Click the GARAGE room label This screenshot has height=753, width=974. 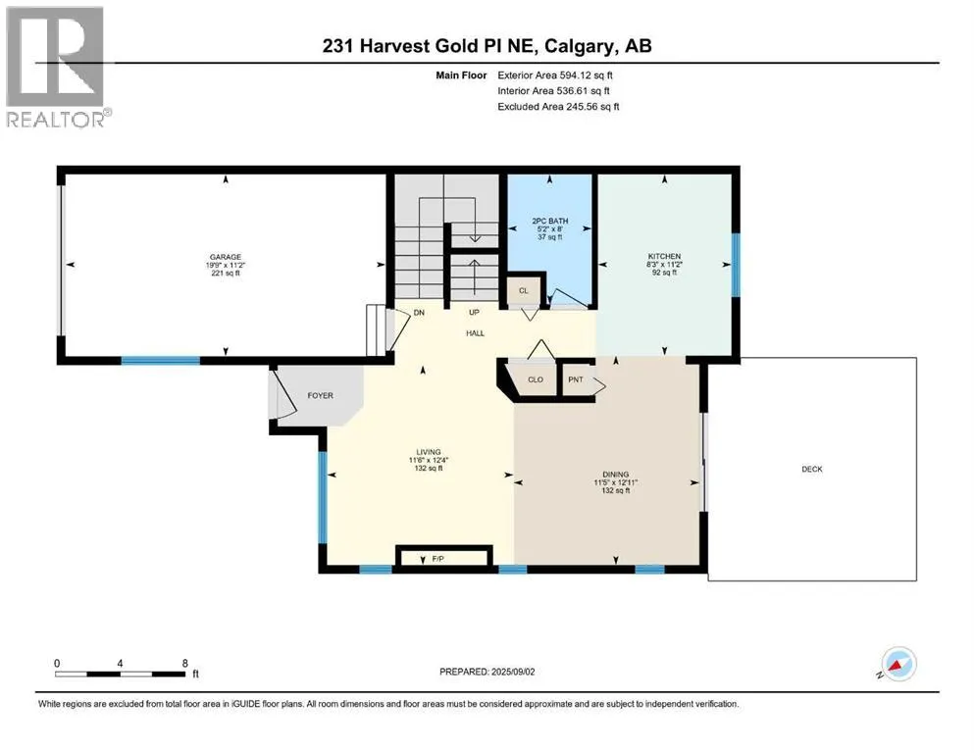click(226, 257)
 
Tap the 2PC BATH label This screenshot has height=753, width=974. click(549, 221)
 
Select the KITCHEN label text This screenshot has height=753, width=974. click(665, 256)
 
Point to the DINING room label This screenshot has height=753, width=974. click(616, 475)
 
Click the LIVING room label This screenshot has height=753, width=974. click(429, 452)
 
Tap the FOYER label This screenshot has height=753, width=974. click(321, 395)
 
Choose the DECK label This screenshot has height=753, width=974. click(812, 470)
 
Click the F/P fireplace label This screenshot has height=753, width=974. click(437, 559)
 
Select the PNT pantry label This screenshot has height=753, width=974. click(576, 379)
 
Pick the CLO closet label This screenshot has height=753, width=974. click(536, 379)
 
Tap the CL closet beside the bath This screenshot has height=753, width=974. click(524, 290)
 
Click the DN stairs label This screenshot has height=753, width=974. click(419, 312)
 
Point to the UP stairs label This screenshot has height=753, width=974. click(474, 312)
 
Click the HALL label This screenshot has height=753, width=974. click(475, 333)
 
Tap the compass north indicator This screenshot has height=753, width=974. click(897, 665)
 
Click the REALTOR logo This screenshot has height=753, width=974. click(57, 67)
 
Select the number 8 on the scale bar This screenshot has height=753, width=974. click(185, 663)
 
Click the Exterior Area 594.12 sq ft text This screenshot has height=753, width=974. click(555, 75)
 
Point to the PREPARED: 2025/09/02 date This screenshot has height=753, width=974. click(487, 672)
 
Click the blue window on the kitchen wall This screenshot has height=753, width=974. click(736, 265)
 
